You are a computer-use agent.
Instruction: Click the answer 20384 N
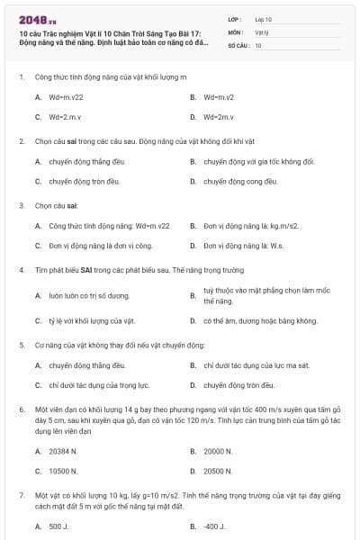click(x=63, y=451)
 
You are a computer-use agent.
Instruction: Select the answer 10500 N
click(x=63, y=470)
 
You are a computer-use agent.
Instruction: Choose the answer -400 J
click(x=213, y=526)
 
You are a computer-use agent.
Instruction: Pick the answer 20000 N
click(x=218, y=451)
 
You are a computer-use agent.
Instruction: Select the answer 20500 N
click(x=218, y=470)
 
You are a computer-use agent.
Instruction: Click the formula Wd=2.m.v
click(x=66, y=117)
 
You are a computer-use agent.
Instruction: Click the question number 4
click(x=22, y=269)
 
